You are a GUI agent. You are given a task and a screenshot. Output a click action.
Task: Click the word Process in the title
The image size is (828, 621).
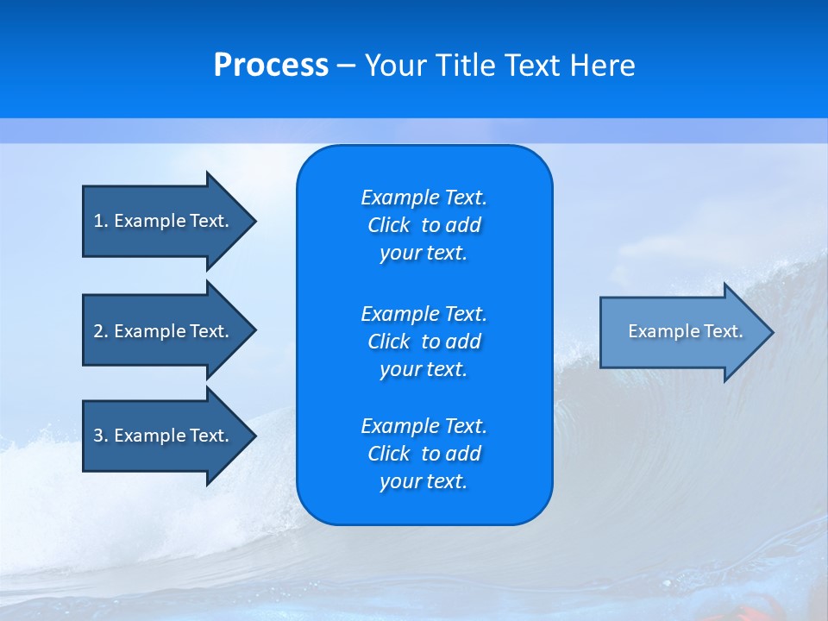[x=271, y=66]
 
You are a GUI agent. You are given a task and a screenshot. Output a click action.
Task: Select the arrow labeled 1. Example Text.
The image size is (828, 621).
[x=164, y=221]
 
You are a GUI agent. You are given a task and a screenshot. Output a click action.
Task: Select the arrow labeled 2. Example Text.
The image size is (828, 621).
[x=164, y=331]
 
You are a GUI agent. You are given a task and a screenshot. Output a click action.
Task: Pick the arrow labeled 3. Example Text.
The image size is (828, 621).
[x=164, y=436]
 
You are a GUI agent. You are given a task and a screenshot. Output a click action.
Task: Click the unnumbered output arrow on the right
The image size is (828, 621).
[x=681, y=332]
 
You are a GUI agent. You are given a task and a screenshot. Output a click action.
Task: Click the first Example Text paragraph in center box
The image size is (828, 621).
[x=423, y=225]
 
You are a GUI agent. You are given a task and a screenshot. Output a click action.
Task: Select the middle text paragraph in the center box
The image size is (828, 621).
[x=423, y=341]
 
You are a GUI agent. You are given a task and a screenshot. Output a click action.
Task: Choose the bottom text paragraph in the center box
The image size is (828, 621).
[x=423, y=454]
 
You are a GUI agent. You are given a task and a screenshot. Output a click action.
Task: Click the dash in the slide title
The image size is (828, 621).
[x=346, y=66]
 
